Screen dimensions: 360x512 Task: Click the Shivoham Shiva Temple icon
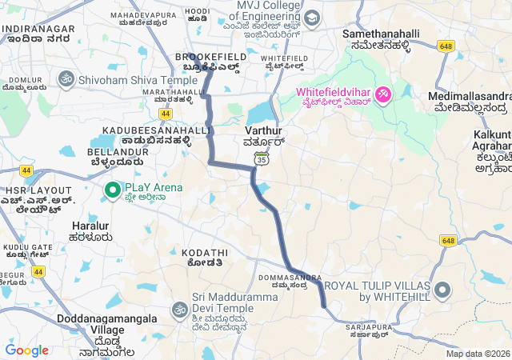[66, 81]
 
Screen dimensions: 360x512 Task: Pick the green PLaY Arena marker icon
[113, 189]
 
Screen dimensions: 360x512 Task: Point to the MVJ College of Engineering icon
[311, 18]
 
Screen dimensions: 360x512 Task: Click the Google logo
[26, 350]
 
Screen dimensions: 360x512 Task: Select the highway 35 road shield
[261, 159]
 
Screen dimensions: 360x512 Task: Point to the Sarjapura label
[370, 327]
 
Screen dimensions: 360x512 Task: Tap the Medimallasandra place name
[469, 96]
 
